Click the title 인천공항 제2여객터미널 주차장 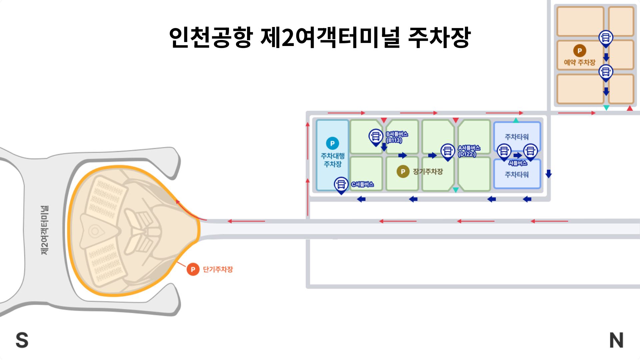[319, 37]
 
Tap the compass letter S [22, 340]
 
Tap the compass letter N [616, 340]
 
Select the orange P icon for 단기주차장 [193, 269]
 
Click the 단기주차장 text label [218, 269]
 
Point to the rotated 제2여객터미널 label [44, 230]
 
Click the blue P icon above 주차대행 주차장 [332, 143]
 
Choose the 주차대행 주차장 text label [333, 160]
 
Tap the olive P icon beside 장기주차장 [403, 171]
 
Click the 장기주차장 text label [428, 171]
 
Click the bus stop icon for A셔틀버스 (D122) [448, 151]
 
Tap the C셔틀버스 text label [363, 184]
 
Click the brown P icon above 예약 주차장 [579, 51]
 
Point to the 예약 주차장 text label [579, 62]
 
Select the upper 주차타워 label [517, 137]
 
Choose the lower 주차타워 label [517, 174]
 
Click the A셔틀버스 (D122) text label [469, 151]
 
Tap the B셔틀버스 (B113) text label [397, 137]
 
